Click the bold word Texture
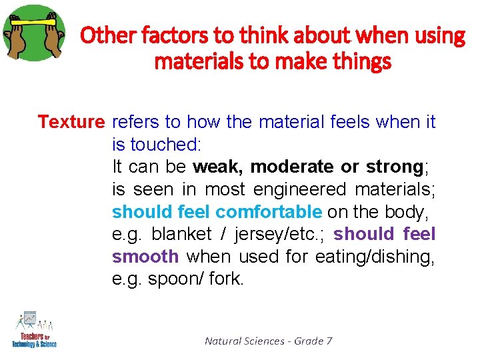pyautogui.click(x=71, y=122)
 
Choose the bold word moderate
pyautogui.click(x=292, y=167)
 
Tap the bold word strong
pyautogui.click(x=394, y=167)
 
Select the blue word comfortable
pyautogui.click(x=269, y=212)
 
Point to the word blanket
pyautogui.click(x=182, y=235)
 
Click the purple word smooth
pyautogui.click(x=145, y=257)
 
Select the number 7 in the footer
pyautogui.click(x=329, y=341)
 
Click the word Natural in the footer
pyautogui.click(x=223, y=341)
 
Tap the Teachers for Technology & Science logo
pyautogui.click(x=34, y=329)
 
